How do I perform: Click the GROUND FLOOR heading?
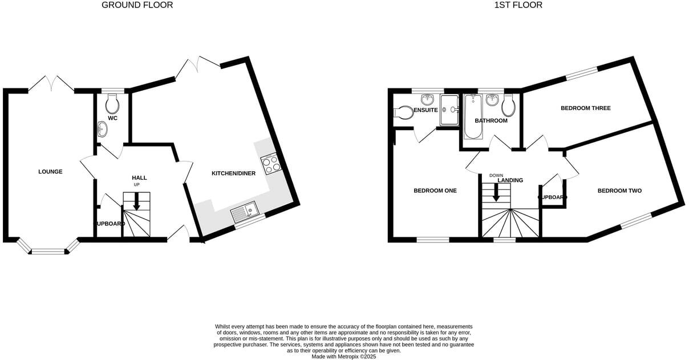tap(137, 5)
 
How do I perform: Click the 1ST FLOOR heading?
tap(518, 5)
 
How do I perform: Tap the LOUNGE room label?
tap(50, 172)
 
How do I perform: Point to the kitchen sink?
tap(245, 213)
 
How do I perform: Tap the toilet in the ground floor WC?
tap(112, 104)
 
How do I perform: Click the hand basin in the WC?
tap(102, 130)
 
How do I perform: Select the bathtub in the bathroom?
tap(473, 117)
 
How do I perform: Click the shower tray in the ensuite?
tap(449, 110)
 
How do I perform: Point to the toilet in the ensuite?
tap(404, 112)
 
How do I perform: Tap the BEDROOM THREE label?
tap(585, 108)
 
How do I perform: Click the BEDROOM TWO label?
tap(619, 191)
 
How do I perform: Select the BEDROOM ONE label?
tap(435, 191)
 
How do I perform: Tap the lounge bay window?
tap(48, 249)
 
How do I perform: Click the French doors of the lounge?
tap(51, 84)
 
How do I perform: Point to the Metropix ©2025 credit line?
tap(343, 357)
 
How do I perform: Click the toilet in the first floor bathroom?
tap(508, 106)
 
